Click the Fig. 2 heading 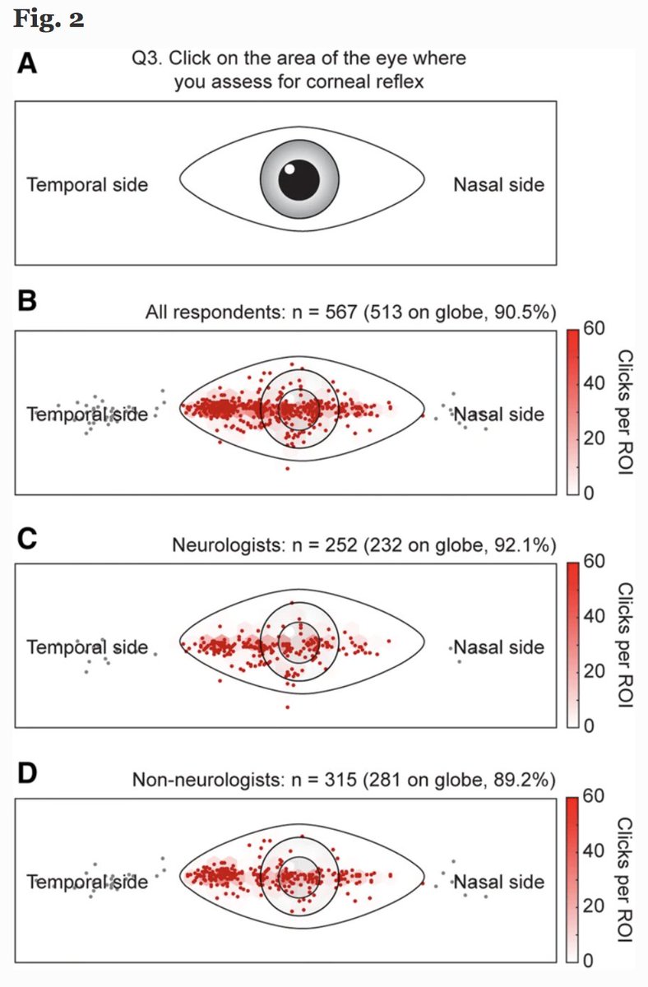49,19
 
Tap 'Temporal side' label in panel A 87,184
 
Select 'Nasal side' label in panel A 498,184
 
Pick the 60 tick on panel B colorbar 594,327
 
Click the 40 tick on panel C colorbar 594,616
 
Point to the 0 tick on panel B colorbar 589,493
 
